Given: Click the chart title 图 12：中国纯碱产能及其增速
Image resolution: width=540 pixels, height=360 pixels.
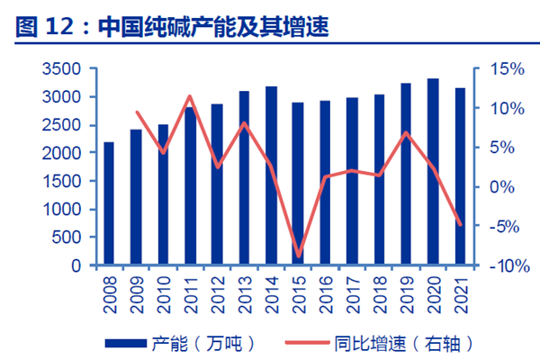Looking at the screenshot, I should (171, 28).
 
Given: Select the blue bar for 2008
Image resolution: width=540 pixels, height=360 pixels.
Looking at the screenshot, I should (109, 204).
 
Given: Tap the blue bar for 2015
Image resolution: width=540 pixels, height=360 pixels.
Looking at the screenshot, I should (297, 184).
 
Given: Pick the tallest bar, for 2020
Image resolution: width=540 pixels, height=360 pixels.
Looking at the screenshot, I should (433, 172).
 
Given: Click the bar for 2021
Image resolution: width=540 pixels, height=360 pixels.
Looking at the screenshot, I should (460, 176).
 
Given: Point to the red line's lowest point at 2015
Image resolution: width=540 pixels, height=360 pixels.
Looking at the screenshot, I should (299, 256).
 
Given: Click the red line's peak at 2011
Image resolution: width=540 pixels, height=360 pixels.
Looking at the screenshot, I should (190, 96).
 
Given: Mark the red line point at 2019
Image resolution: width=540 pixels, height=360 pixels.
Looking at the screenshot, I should (406, 133).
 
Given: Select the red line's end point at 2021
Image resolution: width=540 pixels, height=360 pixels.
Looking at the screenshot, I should (460, 224).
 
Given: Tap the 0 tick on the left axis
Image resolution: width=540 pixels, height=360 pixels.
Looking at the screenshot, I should (76, 266).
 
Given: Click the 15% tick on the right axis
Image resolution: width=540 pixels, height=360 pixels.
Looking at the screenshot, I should (506, 68).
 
